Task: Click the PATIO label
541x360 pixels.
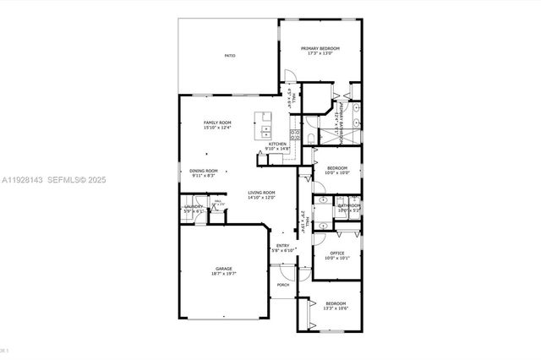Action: coord(230,56)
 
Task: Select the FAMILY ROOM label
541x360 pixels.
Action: coord(217,123)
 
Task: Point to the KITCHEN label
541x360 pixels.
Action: coord(278,145)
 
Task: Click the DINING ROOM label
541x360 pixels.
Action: coord(204,171)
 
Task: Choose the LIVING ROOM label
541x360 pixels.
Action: coord(261,193)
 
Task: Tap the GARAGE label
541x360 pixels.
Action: coord(223,269)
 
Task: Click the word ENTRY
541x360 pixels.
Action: coord(282,246)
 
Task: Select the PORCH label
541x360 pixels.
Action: coord(283,285)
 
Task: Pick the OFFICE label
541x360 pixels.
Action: coord(336,254)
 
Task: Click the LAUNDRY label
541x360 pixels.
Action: coord(194,207)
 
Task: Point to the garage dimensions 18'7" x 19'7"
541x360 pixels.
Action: coord(223,274)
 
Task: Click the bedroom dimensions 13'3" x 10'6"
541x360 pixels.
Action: coord(336,308)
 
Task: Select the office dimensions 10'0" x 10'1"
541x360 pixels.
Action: coord(336,259)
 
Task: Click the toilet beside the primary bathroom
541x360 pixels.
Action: coord(311,139)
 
